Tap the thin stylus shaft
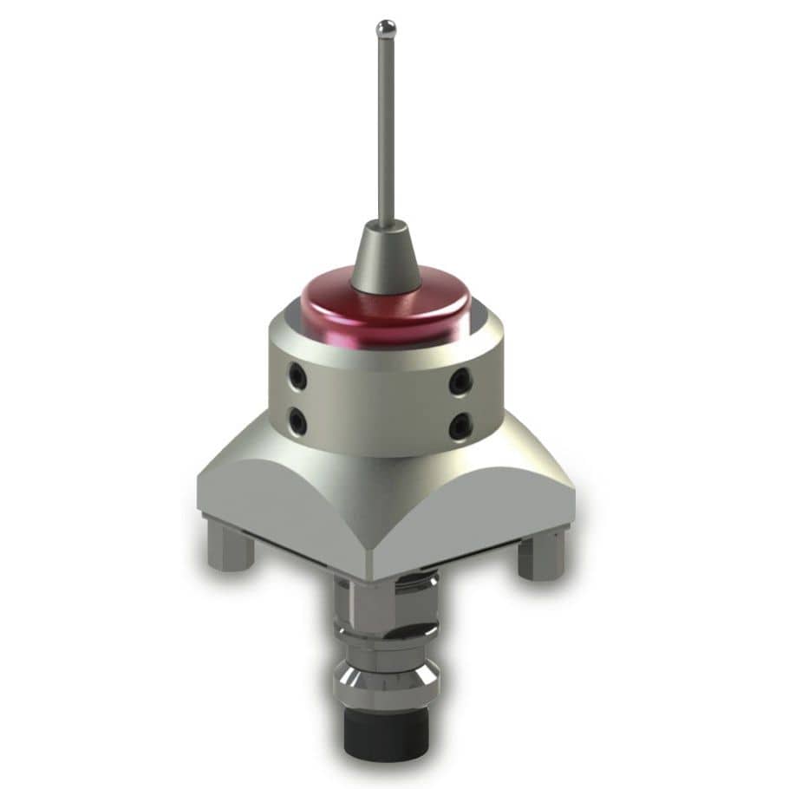(x=386, y=130)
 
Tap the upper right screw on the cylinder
(x=460, y=380)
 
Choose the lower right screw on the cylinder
(x=460, y=426)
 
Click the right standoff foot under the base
(x=541, y=555)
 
